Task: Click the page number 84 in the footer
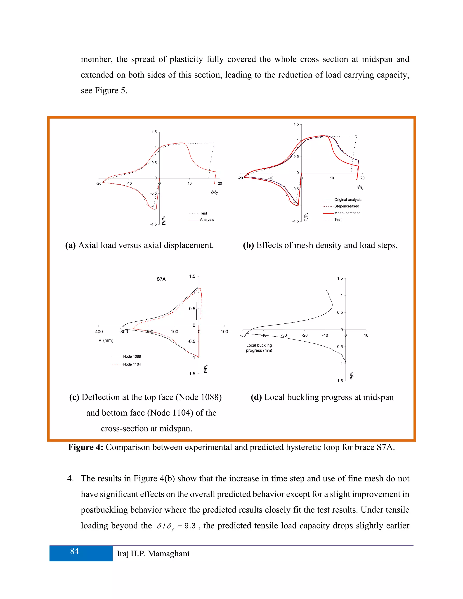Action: tap(74, 551)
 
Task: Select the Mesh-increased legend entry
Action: tap(347, 213)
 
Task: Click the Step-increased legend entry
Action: tap(346, 206)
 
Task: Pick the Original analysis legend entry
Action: tap(347, 200)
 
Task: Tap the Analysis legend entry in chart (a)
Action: tap(207, 219)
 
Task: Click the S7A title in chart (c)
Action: tap(161, 279)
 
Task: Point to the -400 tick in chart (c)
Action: tap(98, 332)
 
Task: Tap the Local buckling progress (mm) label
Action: tap(259, 348)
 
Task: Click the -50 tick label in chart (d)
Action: tap(243, 335)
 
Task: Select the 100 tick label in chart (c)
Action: tap(224, 332)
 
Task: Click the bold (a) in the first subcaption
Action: tap(70, 245)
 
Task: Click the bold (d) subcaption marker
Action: tap(256, 397)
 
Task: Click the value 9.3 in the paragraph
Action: tap(190, 526)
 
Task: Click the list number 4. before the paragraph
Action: tap(70, 479)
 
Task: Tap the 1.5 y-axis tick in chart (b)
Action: tap(296, 124)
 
